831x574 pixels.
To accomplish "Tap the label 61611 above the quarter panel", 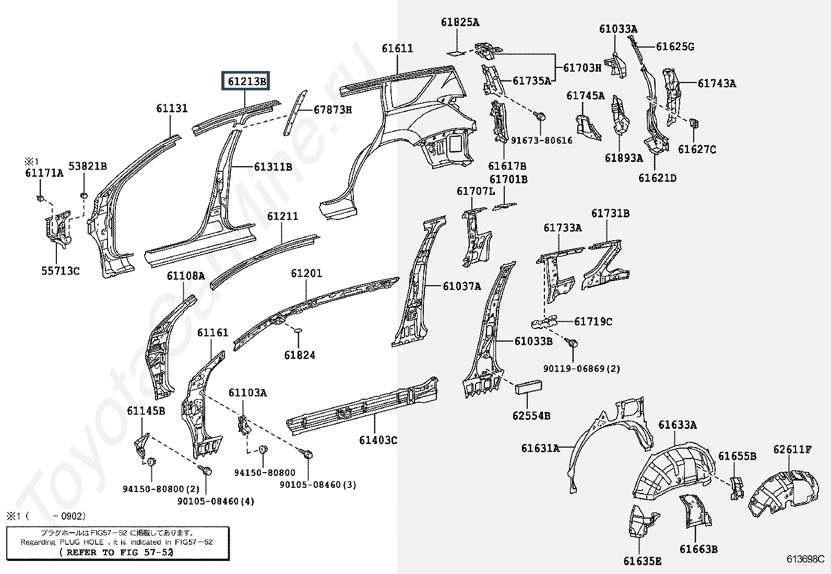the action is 397,48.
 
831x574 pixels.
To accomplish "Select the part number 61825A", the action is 460,22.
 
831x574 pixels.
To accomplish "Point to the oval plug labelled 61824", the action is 298,330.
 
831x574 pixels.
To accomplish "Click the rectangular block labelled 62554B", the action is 528,387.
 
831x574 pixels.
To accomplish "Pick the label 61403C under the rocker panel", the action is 378,440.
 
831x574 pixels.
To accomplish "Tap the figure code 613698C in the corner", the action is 805,559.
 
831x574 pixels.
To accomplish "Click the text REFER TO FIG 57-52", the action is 116,552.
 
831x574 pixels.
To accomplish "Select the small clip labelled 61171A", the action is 40,198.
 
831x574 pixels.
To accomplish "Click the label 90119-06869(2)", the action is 581,369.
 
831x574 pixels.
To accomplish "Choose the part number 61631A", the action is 540,448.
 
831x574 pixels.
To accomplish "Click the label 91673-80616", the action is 542,140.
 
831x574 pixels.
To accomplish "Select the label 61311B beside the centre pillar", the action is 273,167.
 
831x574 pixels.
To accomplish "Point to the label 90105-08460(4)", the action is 216,501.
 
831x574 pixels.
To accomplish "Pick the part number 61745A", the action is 586,96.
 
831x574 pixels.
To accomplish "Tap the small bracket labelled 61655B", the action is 737,487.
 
